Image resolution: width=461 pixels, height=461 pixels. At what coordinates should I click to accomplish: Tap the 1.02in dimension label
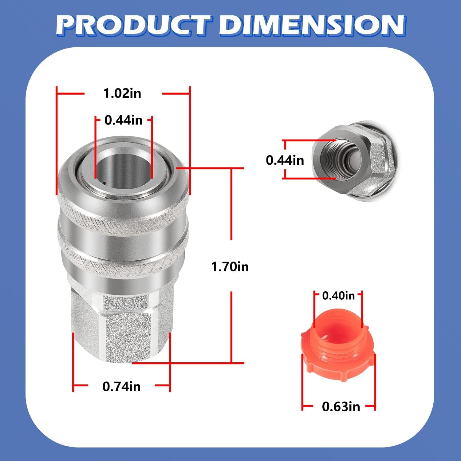[x=122, y=93]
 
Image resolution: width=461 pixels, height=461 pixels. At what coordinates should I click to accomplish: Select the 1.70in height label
[x=230, y=266]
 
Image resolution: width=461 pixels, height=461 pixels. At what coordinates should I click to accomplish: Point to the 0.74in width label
[x=121, y=386]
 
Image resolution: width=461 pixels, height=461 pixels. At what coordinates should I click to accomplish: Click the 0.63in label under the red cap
[x=341, y=407]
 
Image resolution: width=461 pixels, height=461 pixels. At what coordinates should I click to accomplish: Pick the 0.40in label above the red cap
[x=338, y=296]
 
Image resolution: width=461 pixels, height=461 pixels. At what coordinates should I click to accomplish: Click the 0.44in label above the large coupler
[x=124, y=120]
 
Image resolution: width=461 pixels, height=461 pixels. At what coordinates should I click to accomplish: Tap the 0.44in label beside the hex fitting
[x=285, y=160]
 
